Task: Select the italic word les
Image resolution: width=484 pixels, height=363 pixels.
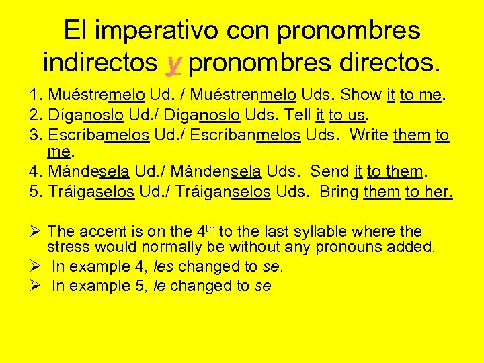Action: pyautogui.click(x=164, y=266)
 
